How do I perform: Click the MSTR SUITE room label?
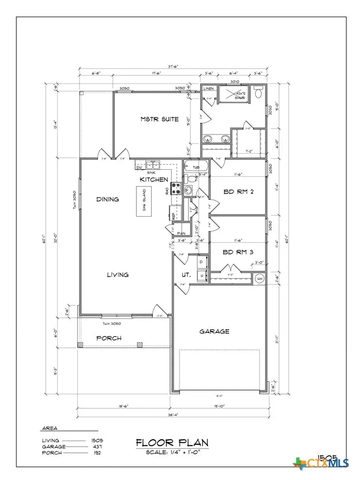click(159, 119)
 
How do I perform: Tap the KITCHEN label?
click(154, 180)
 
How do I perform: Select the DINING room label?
click(107, 199)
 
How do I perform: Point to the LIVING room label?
click(117, 275)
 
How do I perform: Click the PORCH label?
click(109, 338)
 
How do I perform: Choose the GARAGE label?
click(214, 331)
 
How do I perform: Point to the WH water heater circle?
click(259, 278)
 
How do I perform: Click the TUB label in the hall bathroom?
click(196, 166)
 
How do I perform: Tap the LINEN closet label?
click(209, 89)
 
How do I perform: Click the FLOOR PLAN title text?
click(172, 442)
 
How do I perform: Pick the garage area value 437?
click(97, 447)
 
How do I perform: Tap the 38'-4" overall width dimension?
click(173, 414)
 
